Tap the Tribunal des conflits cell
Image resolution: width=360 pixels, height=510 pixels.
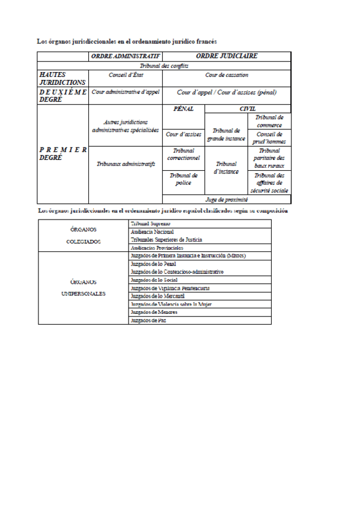point(163,66)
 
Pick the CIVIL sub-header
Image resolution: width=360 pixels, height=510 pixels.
point(247,109)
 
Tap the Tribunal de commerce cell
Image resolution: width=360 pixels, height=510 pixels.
point(269,121)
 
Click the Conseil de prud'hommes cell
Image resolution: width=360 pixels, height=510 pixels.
point(269,138)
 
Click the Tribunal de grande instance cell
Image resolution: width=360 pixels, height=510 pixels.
point(227,135)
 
